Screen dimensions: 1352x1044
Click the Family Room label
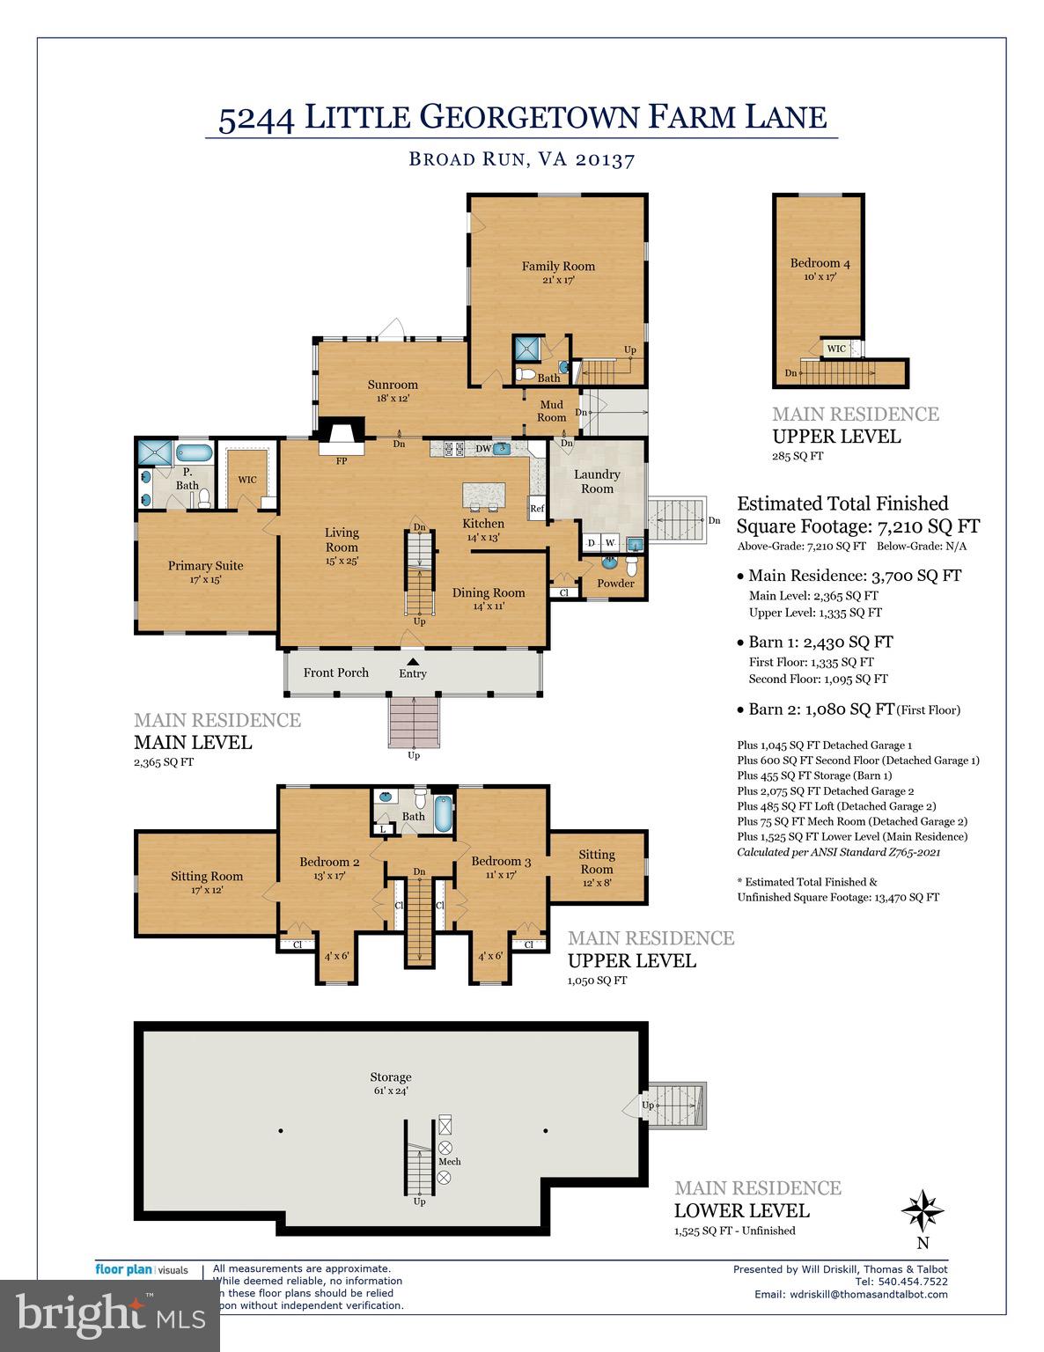[558, 266]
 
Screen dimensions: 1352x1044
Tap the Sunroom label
[393, 385]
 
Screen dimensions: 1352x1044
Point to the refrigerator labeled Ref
[536, 509]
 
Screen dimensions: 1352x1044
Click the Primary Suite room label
[205, 566]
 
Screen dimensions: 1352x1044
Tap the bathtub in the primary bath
[194, 454]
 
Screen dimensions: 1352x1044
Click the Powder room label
[615, 584]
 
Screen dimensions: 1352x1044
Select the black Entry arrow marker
[412, 661]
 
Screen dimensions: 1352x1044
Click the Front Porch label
[336, 672]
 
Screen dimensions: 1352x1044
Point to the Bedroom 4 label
[820, 263]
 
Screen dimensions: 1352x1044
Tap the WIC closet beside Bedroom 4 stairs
[836, 349]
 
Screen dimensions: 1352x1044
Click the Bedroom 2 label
[329, 862]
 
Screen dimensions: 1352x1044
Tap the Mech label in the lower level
[449, 1162]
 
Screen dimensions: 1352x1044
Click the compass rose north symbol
[923, 1210]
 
